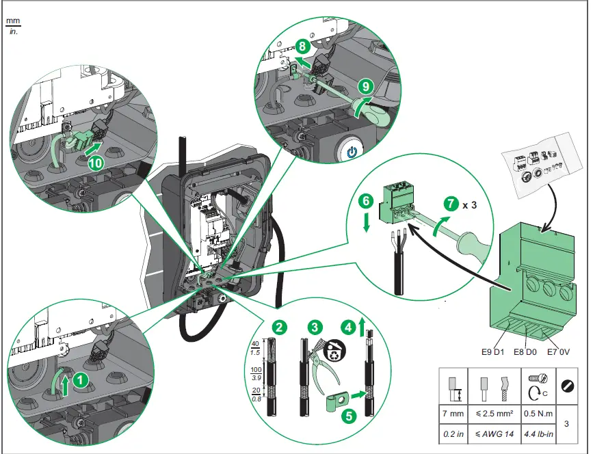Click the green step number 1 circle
81,377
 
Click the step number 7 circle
449,203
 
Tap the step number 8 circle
302,47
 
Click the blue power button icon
352,151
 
